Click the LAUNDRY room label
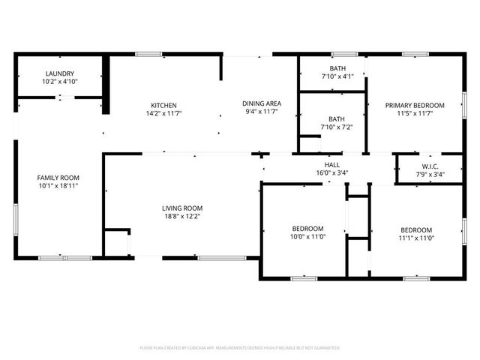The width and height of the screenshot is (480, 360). coord(59,73)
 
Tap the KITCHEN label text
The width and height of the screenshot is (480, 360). coord(163,105)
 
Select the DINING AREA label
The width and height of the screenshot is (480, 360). coord(261,103)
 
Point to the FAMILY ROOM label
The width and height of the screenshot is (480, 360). coord(58,178)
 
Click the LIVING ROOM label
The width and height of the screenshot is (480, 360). coord(182,208)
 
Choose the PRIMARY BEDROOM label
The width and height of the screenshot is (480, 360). coord(415,106)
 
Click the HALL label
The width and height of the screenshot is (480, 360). coord(332,165)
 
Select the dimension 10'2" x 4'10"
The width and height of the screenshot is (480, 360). coord(60,81)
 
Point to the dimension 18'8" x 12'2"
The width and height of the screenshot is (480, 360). coord(182,216)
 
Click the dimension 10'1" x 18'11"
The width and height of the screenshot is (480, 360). coord(58,185)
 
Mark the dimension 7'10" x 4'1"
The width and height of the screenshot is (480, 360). coord(337,76)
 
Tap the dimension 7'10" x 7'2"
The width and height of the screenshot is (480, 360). coord(337,127)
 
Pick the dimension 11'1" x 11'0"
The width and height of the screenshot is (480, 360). coord(415,238)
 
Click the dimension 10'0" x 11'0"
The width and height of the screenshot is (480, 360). coord(307,236)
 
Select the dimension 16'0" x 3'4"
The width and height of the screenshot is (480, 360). coord(332,172)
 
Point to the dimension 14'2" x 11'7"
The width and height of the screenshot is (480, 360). coord(163,112)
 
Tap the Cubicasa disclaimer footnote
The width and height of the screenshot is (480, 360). coord(240,348)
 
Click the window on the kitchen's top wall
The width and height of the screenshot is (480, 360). coord(148,53)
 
